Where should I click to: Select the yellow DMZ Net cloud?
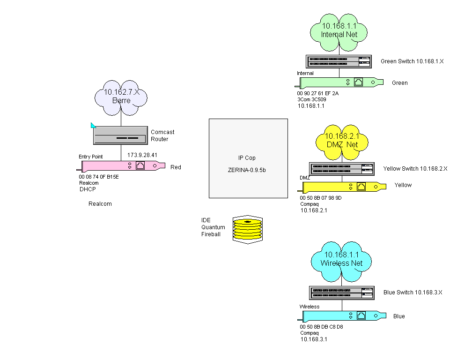(x=341, y=141)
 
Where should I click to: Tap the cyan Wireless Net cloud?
(x=341, y=259)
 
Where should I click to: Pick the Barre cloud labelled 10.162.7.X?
(x=121, y=97)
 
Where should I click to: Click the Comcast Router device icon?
(x=120, y=135)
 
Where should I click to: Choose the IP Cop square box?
(x=248, y=158)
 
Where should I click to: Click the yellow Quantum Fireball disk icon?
(x=247, y=229)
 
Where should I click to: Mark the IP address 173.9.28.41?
(x=142, y=155)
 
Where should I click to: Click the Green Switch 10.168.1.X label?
(x=412, y=61)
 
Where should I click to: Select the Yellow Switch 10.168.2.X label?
(x=415, y=168)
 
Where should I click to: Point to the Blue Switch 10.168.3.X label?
(x=413, y=292)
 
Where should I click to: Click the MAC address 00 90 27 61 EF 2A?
(x=317, y=94)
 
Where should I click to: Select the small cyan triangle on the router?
(x=93, y=125)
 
